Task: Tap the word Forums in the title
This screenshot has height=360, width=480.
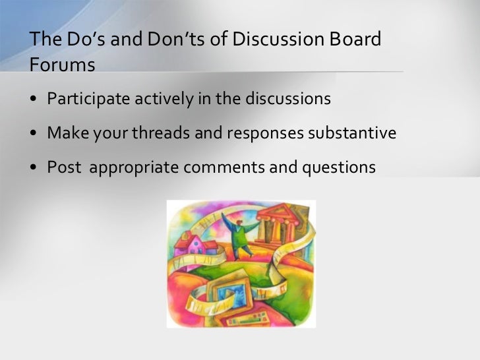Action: click(62, 65)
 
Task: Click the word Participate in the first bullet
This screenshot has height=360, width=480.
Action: click(88, 100)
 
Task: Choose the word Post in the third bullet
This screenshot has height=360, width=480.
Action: click(63, 167)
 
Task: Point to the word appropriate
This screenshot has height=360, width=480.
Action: click(134, 167)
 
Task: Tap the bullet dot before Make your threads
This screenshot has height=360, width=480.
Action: click(34, 134)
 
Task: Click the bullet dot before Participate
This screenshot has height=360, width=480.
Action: click(34, 100)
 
